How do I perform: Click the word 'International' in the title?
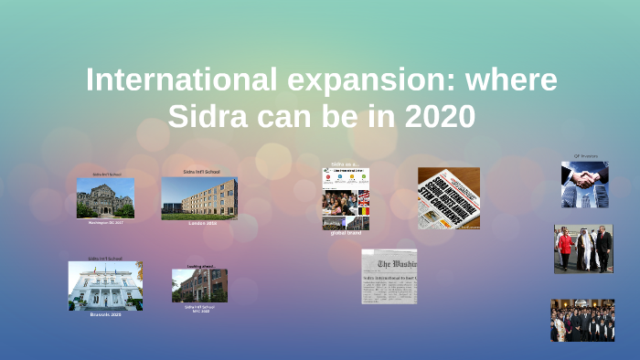point(174,80)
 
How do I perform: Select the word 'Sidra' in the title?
point(207,117)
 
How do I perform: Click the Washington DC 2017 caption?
point(105,222)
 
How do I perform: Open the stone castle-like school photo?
point(105,197)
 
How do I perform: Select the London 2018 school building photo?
point(199,198)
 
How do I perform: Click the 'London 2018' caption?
point(199,223)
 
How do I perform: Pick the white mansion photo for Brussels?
point(105,286)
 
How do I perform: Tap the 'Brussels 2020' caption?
point(105,313)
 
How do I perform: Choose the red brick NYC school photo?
point(199,285)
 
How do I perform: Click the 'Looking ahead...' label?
point(199,267)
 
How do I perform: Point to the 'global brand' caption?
point(346,232)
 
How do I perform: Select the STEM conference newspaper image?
point(449,197)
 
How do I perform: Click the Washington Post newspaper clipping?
point(389,276)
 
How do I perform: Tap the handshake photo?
point(584,185)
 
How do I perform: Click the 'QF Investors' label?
point(585,156)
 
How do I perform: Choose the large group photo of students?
point(581,320)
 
